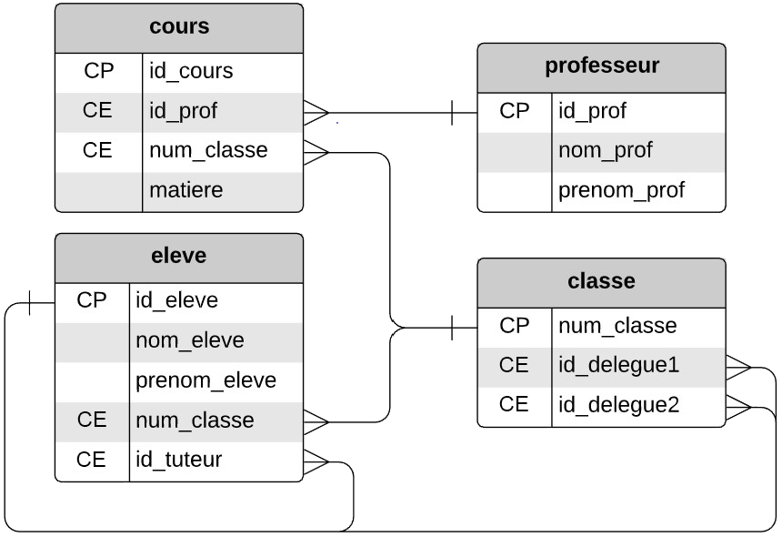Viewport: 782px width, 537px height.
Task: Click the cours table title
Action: pyautogui.click(x=179, y=27)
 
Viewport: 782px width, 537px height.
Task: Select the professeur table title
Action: pyautogui.click(x=601, y=66)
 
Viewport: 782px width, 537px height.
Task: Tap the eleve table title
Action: pyautogui.click(x=178, y=256)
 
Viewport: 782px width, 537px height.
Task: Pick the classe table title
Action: pyautogui.click(x=601, y=281)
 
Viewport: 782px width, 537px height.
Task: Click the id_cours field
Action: pyautogui.click(x=191, y=71)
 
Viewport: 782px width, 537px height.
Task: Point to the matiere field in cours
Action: pyautogui.click(x=185, y=190)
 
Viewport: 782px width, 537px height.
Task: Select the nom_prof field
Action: pyautogui.click(x=605, y=150)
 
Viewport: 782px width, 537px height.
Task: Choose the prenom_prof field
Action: pyautogui.click(x=621, y=190)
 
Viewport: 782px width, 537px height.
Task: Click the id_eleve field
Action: pyautogui.click(x=176, y=300)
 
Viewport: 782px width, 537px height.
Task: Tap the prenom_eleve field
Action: pyautogui.click(x=206, y=380)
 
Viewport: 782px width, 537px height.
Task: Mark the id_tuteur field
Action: pyautogui.click(x=178, y=460)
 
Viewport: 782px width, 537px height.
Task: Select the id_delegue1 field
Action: pyautogui.click(x=618, y=365)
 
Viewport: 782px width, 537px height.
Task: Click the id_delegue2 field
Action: pyautogui.click(x=618, y=404)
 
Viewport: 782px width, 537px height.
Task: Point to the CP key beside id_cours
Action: pyautogui.click(x=97, y=71)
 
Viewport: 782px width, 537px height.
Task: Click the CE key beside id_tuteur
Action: pyautogui.click(x=91, y=460)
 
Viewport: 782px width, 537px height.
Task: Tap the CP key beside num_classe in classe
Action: pyautogui.click(x=514, y=325)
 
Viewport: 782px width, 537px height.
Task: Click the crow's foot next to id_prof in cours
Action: pyautogui.click(x=316, y=112)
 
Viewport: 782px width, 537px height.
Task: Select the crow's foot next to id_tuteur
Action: pyautogui.click(x=316, y=461)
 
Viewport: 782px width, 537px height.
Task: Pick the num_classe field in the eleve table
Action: pyautogui.click(x=195, y=420)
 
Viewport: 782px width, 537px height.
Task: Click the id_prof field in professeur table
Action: pyautogui.click(x=592, y=111)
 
